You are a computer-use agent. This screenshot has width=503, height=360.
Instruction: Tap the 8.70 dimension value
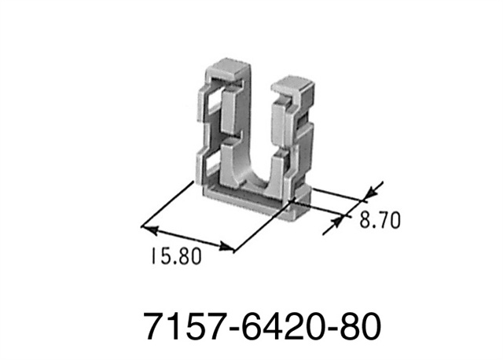point(380,221)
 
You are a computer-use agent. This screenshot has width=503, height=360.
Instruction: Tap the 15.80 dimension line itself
point(189,240)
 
